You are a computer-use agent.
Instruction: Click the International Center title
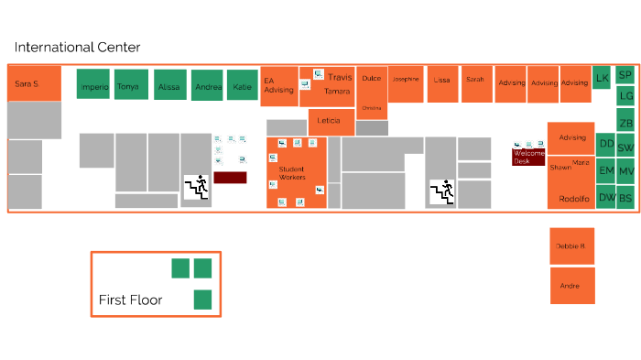click(x=77, y=48)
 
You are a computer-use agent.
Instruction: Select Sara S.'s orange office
click(x=34, y=83)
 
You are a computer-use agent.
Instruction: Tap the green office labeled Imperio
click(x=93, y=86)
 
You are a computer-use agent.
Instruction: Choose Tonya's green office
click(x=129, y=86)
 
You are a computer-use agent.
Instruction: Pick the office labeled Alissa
click(x=169, y=86)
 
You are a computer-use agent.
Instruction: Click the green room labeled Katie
click(x=243, y=86)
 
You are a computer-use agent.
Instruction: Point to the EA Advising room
click(x=279, y=86)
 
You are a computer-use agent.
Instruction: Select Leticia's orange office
click(x=331, y=121)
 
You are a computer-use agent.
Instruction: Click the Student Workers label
click(x=292, y=173)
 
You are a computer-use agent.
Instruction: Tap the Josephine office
click(x=406, y=81)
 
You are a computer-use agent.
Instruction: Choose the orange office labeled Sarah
click(x=475, y=81)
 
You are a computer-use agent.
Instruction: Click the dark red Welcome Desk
click(x=528, y=157)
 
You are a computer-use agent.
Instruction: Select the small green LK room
click(x=602, y=78)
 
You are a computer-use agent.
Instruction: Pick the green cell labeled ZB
click(x=625, y=123)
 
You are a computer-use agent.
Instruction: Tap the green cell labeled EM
click(x=606, y=170)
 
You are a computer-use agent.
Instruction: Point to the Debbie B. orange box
click(x=571, y=246)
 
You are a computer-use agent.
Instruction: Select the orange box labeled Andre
click(x=571, y=286)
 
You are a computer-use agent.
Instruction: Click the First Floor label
click(x=130, y=300)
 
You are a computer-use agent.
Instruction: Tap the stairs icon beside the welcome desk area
click(x=441, y=191)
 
